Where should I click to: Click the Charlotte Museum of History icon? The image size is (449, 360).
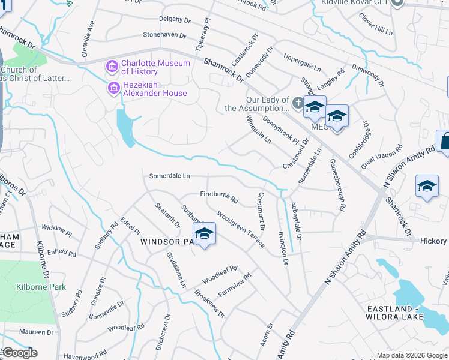tap(112, 65)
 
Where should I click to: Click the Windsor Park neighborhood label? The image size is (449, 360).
tap(169, 241)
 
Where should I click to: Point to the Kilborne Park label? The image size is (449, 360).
tap(41, 287)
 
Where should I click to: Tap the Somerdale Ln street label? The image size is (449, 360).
tap(169, 176)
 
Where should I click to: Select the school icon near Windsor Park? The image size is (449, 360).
tap(204, 234)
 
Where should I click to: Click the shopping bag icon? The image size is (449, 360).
tap(445, 142)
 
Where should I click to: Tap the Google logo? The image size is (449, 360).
tap(20, 353)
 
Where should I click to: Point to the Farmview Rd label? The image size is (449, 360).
tap(234, 286)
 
